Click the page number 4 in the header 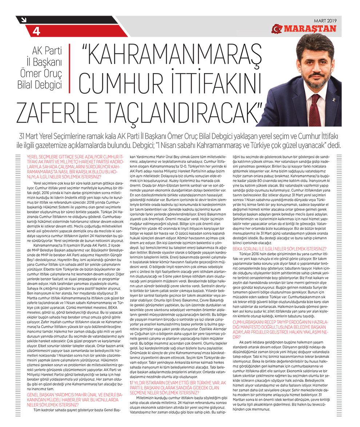[36, 32]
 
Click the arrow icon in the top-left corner [23, 20]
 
